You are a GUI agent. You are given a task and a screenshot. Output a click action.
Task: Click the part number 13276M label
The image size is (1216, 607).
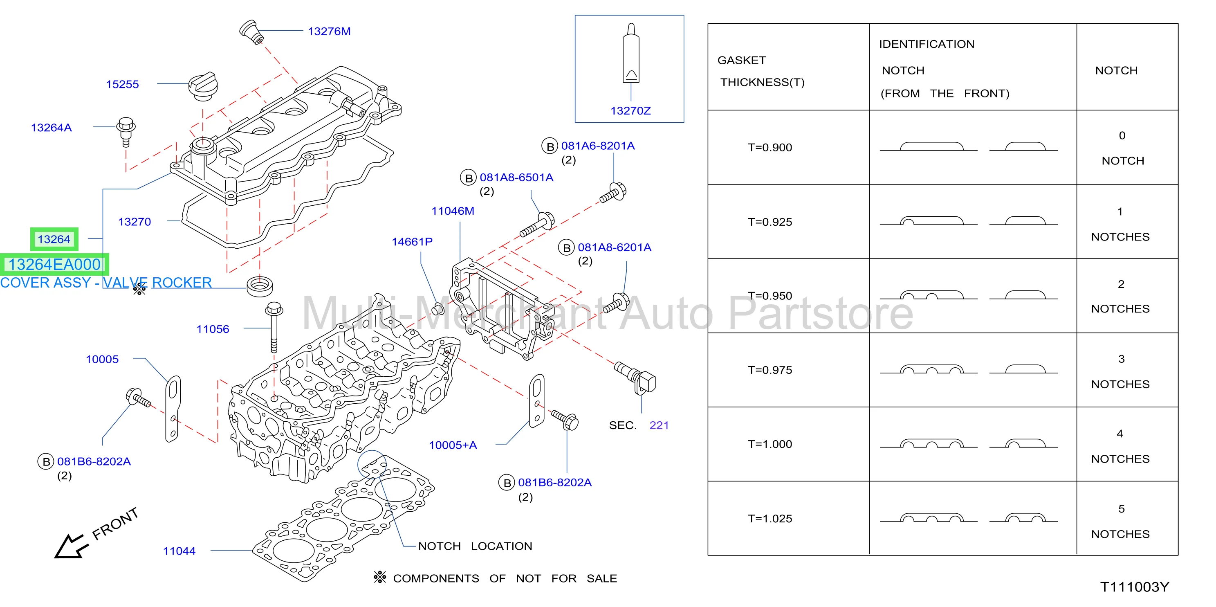tap(329, 31)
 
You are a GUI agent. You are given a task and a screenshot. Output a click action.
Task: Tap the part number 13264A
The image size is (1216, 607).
tap(51, 128)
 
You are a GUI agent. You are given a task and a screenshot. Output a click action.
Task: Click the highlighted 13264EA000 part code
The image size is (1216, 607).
tap(55, 265)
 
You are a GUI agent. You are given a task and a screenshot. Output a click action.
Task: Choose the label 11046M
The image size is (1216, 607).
tap(453, 211)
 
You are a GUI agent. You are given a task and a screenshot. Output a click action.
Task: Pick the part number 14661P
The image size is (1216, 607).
tap(412, 242)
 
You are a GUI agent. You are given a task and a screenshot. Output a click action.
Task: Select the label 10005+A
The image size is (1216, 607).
tap(453, 445)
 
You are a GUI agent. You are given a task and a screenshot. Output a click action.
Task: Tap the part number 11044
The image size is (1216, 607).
tap(179, 551)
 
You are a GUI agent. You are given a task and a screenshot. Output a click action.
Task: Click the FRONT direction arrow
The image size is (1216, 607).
tap(71, 546)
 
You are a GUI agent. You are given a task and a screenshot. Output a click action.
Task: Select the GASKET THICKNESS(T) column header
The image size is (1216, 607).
tap(761, 71)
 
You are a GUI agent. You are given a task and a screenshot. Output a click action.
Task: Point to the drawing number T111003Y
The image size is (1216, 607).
tap(1134, 587)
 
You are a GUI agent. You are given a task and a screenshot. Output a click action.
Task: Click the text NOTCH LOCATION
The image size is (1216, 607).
tap(475, 546)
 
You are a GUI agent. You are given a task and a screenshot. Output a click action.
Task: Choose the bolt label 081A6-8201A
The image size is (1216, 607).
tap(598, 146)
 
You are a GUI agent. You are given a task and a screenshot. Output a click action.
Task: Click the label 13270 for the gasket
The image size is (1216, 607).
tap(134, 222)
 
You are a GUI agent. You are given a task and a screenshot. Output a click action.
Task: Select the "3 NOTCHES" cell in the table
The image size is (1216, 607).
tap(1120, 372)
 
